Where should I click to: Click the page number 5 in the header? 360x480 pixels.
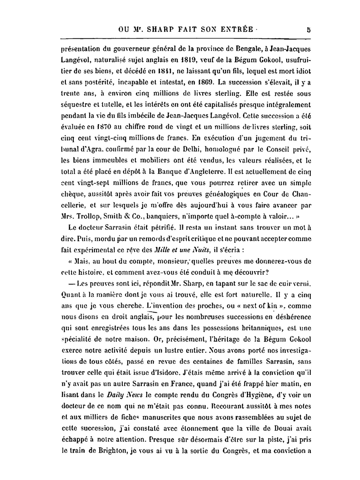tap(309, 30)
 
